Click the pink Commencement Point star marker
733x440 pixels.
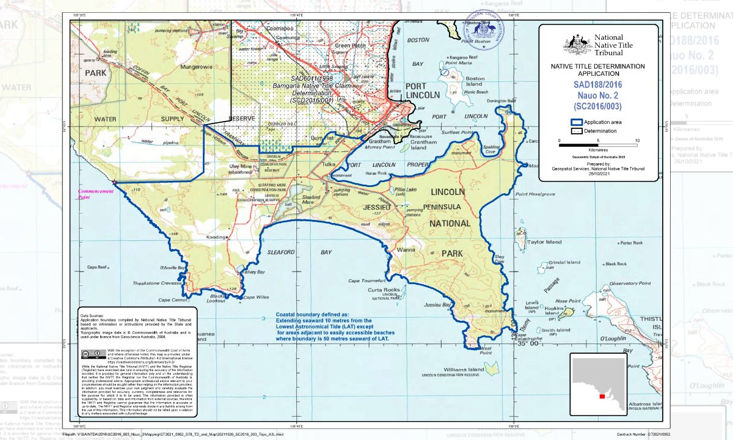tap(114, 182)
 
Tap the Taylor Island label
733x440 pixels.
tap(544, 242)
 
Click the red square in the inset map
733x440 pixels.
tap(602, 396)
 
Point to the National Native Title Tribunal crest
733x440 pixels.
tap(577, 43)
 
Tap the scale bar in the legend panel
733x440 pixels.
tap(599, 145)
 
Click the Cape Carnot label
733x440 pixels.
tap(172, 300)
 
